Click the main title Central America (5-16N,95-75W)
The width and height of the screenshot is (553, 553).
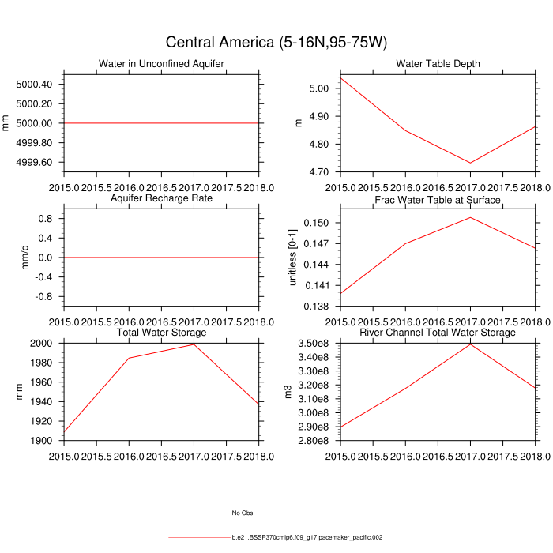[276, 42]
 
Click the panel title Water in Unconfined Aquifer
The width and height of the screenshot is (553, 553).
[161, 64]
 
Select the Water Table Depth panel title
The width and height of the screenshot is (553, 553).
[438, 64]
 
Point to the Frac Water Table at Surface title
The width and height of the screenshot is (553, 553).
[438, 199]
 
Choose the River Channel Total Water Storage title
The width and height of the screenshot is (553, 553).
[438, 333]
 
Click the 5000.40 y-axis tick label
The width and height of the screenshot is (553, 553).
[34, 85]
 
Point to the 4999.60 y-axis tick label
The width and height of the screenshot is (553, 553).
[34, 162]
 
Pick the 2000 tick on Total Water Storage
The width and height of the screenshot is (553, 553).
[41, 344]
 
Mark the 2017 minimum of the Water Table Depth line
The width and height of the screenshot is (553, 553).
[470, 163]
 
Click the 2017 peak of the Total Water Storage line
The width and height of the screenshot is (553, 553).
[194, 344]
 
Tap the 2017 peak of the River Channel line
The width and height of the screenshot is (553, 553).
[470, 344]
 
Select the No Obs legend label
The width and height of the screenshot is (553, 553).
[242, 513]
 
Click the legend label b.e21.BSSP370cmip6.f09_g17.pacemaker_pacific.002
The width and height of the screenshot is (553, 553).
[307, 537]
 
